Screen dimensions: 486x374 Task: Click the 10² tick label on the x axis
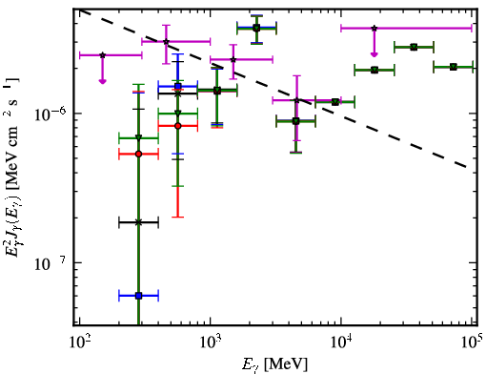tap(79, 344)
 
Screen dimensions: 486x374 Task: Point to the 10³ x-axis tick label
tap(211, 344)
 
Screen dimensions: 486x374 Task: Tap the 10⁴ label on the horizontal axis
tap(341, 344)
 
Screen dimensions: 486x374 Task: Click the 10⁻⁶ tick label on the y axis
tap(50, 114)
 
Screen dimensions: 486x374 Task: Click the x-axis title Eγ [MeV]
tap(274, 364)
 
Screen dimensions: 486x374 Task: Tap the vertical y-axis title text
tap(12, 168)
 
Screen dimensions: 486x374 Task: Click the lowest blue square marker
tap(138, 296)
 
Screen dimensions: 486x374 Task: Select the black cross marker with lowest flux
tap(138, 222)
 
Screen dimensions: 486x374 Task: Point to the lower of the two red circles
tap(138, 154)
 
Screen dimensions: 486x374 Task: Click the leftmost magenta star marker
tap(102, 55)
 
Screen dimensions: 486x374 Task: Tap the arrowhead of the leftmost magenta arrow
tap(102, 81)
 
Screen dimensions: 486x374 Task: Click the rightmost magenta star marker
tap(375, 28)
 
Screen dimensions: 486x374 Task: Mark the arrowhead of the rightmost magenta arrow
tap(375, 54)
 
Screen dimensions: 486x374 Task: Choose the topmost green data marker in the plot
tap(256, 28)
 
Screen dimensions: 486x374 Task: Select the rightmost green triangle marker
tap(454, 67)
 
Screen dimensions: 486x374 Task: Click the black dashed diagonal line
tap(273, 89)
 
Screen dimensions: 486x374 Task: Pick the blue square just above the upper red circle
tap(178, 86)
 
